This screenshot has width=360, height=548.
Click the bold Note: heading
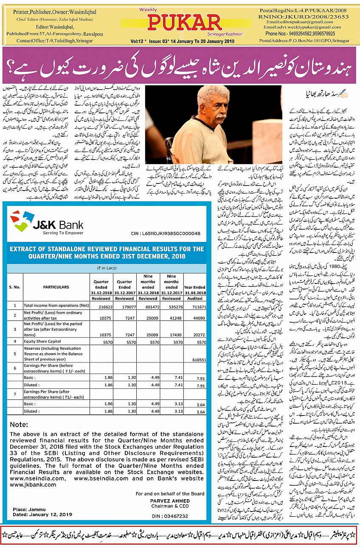pos(19,424)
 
